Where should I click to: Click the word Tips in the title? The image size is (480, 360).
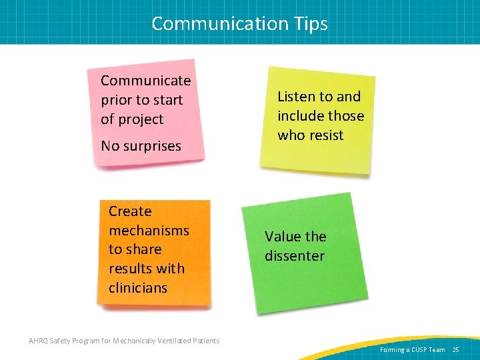[308, 23]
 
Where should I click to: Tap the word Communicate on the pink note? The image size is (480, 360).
[145, 81]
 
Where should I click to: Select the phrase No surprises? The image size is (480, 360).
[141, 146]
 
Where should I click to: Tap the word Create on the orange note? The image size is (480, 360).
[130, 211]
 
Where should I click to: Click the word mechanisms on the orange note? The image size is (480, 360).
[149, 231]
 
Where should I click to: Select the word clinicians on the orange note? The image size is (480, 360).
[137, 288]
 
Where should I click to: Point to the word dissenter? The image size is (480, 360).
[294, 256]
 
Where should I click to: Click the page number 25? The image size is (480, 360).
[456, 349]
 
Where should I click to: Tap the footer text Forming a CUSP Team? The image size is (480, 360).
[412, 349]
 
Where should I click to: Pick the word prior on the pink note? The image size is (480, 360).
[117, 101]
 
